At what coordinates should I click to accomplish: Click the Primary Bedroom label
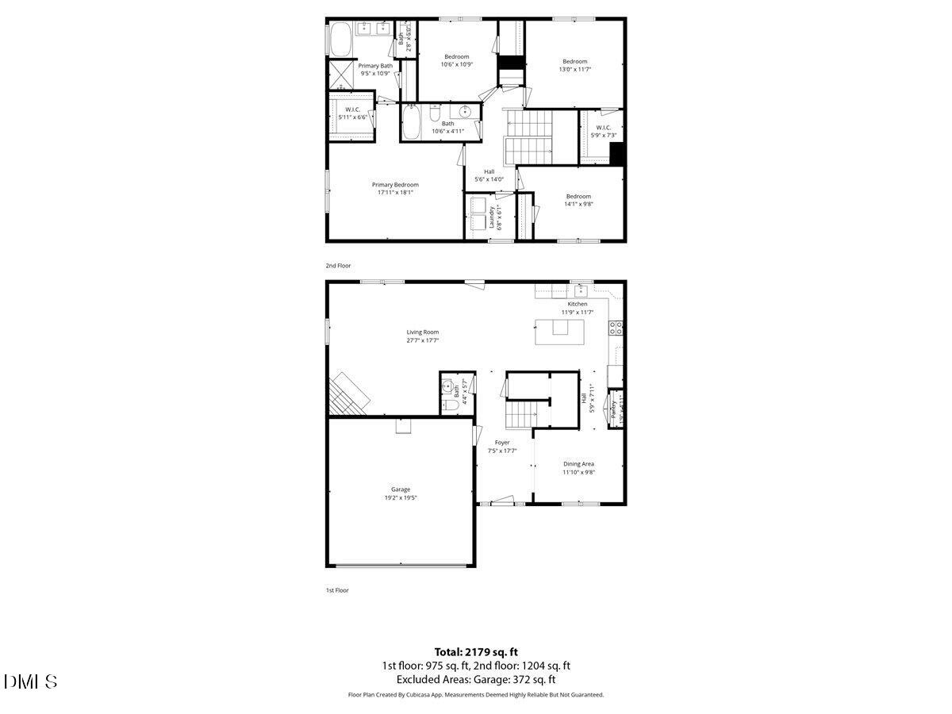point(395,185)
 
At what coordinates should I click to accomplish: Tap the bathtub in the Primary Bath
point(340,37)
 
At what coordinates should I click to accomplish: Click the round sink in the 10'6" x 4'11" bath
point(465,112)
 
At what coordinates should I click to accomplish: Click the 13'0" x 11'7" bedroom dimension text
point(575,70)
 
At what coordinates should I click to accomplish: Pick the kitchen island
point(561,332)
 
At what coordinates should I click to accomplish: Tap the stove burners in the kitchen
point(616,328)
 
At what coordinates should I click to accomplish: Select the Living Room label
point(423,332)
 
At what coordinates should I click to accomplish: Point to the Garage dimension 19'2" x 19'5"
point(401,498)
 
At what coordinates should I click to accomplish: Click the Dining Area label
point(578,464)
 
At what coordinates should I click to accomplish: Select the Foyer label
point(502,443)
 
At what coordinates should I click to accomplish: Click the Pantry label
point(614,409)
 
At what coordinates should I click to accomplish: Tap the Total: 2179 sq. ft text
point(476,651)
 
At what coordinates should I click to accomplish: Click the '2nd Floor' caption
point(338,266)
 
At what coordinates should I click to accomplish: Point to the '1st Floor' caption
point(337,590)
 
